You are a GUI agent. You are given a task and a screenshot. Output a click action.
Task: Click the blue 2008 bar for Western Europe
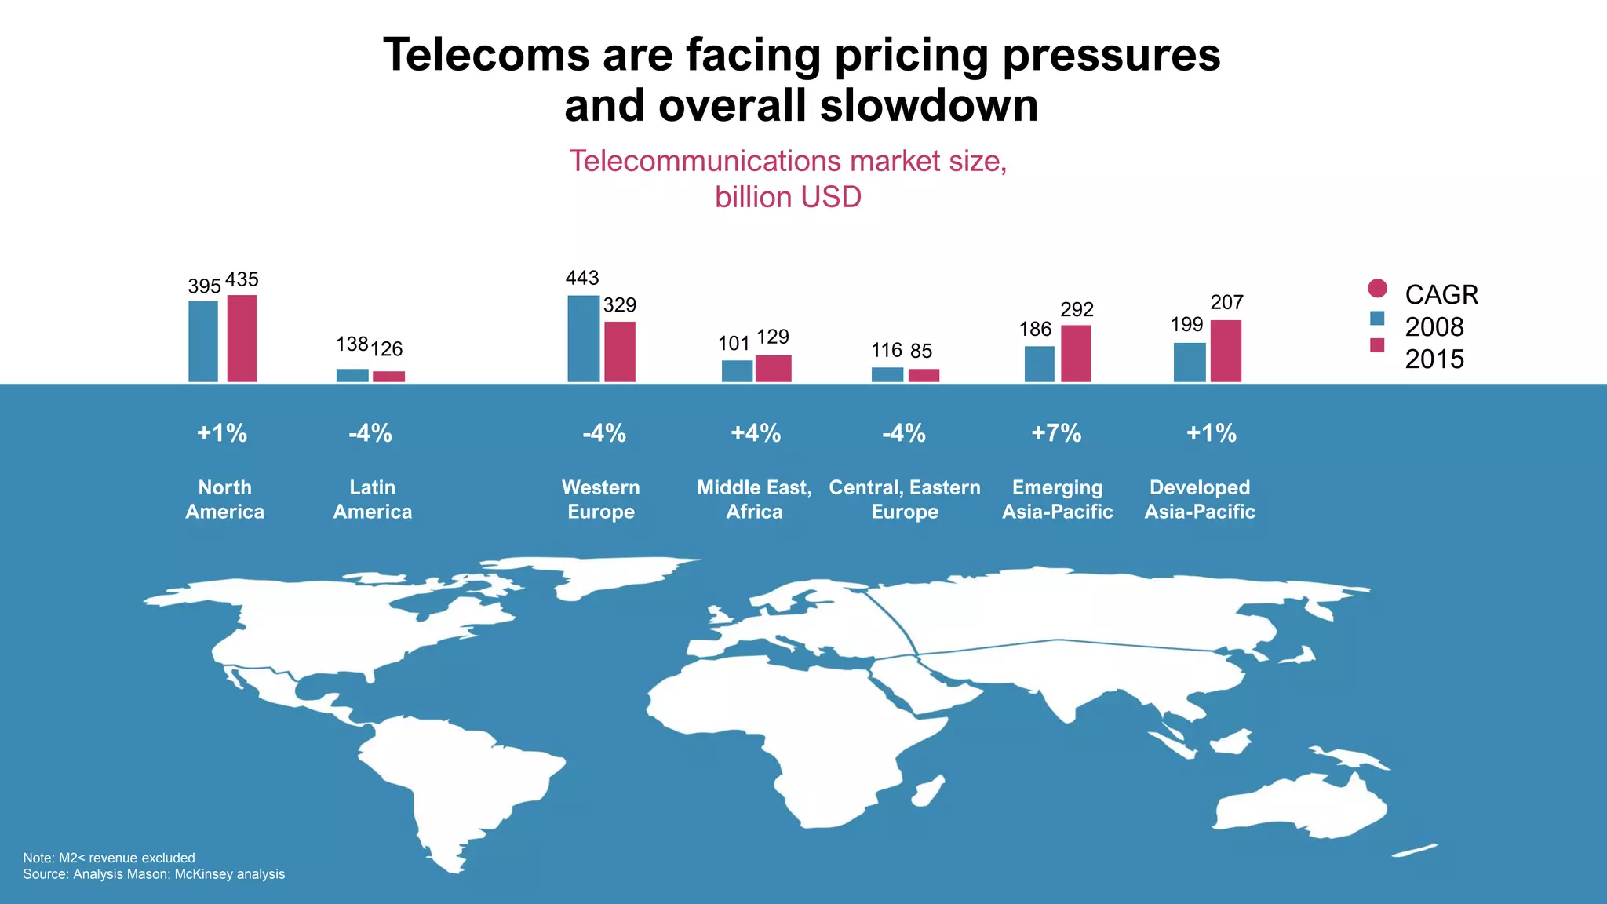(583, 339)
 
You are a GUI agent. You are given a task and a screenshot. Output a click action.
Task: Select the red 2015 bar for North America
(242, 339)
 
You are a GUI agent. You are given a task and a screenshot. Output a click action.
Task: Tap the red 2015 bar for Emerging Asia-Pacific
(1076, 354)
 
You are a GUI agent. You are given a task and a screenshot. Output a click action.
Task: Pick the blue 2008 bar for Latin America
(352, 375)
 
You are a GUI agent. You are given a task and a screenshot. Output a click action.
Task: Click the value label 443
(582, 278)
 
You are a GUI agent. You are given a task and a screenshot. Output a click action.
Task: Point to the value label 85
(921, 351)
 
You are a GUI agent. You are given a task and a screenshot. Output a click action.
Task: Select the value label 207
(1226, 302)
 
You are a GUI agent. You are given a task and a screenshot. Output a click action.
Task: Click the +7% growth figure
(1056, 433)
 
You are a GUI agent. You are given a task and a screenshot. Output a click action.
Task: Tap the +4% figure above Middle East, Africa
(756, 433)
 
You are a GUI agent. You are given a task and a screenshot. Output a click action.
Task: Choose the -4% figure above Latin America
(370, 433)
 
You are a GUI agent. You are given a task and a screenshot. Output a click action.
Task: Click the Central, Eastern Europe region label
(905, 499)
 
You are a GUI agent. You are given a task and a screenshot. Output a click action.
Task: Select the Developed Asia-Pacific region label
(1200, 499)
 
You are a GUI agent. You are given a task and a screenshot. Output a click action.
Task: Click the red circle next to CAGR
(1377, 288)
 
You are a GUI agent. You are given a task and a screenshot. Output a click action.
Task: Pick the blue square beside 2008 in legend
(1377, 318)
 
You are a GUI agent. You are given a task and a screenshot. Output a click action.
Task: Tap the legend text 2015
(1434, 359)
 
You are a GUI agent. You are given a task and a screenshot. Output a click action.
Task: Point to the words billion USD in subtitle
(788, 197)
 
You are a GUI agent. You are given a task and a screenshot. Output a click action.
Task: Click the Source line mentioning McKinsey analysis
(154, 874)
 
